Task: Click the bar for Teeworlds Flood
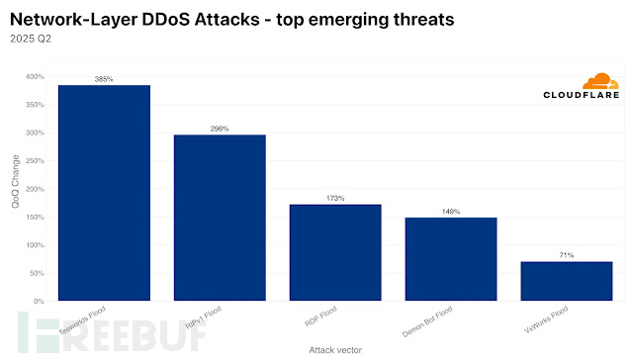(104, 193)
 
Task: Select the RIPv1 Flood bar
(220, 218)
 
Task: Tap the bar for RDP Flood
(335, 252)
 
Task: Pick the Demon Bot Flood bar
(451, 258)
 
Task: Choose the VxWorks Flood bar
(567, 281)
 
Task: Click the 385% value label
(104, 79)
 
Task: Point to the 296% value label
(220, 129)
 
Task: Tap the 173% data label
(335, 198)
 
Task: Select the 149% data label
(451, 211)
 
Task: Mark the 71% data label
(567, 255)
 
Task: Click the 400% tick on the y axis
(35, 76)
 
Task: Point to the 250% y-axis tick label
(35, 160)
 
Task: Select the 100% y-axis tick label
(35, 244)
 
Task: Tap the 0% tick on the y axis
(39, 301)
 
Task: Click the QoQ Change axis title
(13, 188)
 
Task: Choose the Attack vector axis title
(335, 349)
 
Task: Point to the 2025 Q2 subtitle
(32, 40)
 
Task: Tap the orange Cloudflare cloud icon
(600, 81)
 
